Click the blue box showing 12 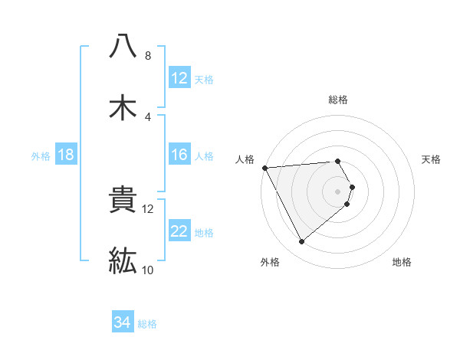[179, 78]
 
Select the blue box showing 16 [179, 155]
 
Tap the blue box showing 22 [179, 231]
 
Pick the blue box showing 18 [66, 155]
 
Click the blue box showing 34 [123, 322]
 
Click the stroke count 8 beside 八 [148, 56]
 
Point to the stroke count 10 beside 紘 [148, 270]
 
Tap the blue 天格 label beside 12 [204, 80]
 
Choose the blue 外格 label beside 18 [41, 156]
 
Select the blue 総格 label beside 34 [147, 324]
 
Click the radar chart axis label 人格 [245, 159]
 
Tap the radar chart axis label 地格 [402, 262]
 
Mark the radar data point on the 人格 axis [264, 167]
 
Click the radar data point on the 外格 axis [302, 242]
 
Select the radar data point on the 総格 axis [337, 161]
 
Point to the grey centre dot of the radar [337, 191]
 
